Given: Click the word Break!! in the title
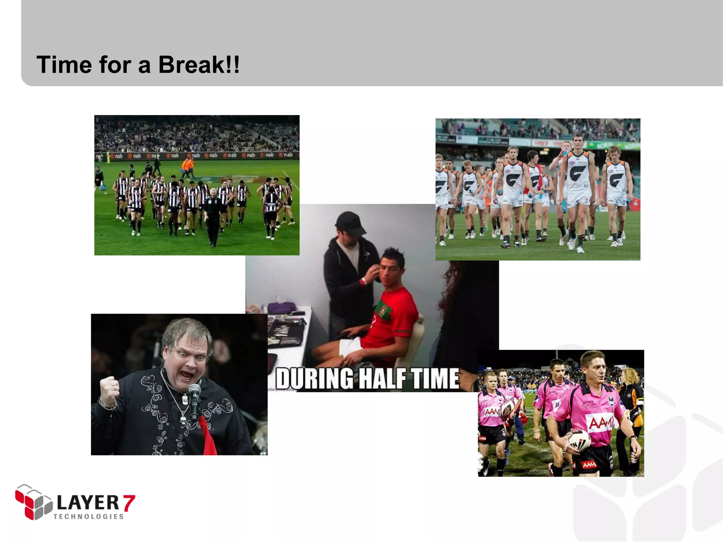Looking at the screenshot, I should click(199, 65).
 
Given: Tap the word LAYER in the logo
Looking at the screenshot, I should click(88, 502).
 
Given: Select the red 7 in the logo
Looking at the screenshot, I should click(129, 503).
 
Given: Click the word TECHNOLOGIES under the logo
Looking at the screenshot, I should click(89, 517).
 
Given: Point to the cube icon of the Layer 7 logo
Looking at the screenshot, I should click(34, 502).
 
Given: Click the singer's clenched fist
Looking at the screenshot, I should click(109, 390).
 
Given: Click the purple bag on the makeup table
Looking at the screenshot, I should click(282, 308).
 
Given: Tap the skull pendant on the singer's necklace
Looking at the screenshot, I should click(184, 420).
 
